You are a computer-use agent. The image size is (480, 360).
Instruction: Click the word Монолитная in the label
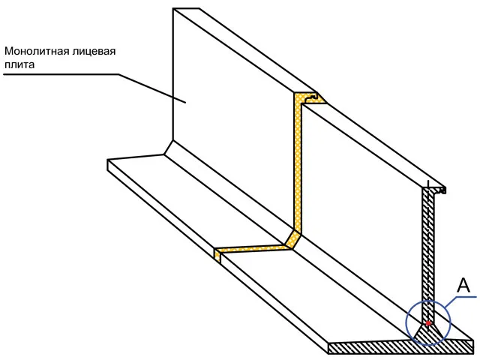(x=37, y=51)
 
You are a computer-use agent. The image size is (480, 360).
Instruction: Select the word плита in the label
(x=19, y=64)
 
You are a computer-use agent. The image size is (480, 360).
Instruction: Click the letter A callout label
(x=463, y=285)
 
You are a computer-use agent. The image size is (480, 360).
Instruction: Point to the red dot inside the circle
(x=428, y=323)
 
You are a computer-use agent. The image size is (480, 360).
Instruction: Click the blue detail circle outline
(x=406, y=322)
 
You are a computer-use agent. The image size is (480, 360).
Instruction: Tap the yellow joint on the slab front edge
(x=217, y=256)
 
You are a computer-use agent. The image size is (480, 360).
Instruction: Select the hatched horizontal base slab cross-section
(x=401, y=346)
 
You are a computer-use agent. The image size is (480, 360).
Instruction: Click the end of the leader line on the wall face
(x=186, y=103)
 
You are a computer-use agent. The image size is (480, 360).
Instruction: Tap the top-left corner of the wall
(x=173, y=8)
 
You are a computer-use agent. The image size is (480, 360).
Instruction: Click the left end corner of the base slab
(x=108, y=159)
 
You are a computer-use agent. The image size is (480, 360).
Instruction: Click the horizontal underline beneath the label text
(x=61, y=74)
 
